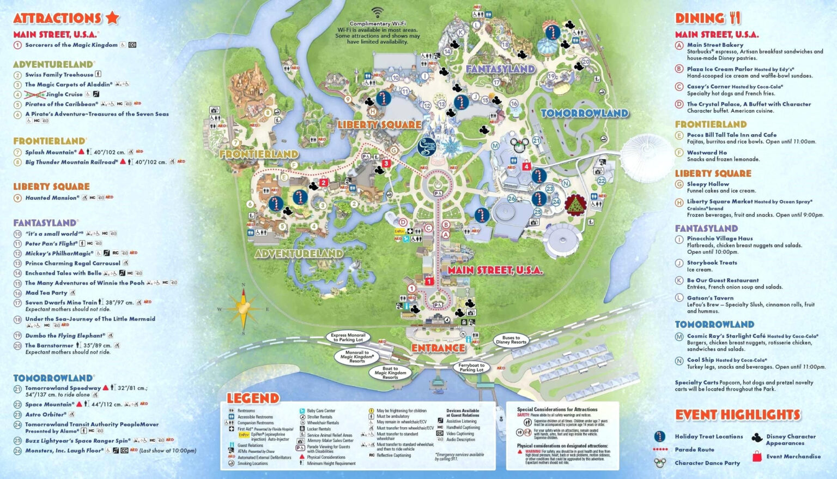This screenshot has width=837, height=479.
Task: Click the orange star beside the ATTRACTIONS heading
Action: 112,17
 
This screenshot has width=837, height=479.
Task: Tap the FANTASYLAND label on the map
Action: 500,69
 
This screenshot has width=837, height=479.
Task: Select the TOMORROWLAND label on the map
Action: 584,113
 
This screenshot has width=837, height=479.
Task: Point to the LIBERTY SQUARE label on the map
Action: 379,125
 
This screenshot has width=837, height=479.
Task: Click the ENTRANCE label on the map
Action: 438,348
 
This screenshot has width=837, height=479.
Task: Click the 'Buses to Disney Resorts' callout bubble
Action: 511,340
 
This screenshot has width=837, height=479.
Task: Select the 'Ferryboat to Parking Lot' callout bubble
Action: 471,368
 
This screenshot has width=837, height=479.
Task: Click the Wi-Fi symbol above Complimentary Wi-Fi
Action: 378,13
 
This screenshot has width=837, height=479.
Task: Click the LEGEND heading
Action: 253,398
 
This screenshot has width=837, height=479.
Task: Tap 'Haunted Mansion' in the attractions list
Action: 52,198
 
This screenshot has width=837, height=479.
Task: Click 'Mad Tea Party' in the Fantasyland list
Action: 46,293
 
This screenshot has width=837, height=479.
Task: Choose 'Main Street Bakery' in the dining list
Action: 715,45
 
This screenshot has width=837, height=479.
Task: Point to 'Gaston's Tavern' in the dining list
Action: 710,298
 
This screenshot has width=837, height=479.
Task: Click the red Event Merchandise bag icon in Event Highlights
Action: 757,457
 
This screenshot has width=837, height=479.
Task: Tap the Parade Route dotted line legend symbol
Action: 660,450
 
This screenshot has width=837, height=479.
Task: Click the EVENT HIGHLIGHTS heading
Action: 738,415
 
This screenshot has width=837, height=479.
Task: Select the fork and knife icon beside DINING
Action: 735,18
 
